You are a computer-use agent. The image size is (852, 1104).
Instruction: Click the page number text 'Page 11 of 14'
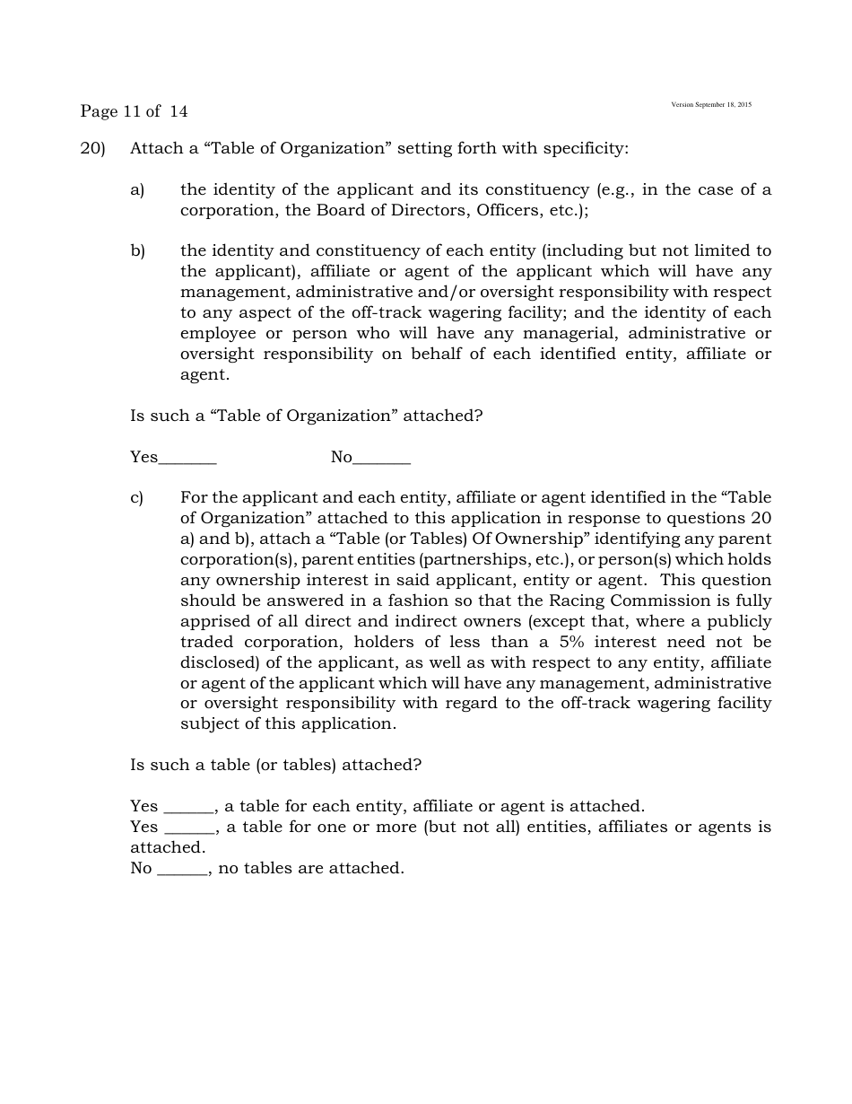point(134,111)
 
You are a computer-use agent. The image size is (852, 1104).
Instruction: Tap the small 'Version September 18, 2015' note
point(711,105)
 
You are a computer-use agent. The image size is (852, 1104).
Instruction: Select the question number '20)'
point(92,148)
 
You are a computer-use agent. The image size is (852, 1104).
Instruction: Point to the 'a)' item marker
point(137,189)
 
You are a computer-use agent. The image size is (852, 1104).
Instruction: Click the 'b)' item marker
point(137,250)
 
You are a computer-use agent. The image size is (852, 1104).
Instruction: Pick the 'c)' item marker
point(137,497)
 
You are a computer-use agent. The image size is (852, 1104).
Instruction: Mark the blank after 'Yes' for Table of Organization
point(187,460)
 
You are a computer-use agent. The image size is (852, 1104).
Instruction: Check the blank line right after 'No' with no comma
point(381,460)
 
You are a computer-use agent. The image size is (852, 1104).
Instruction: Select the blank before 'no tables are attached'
point(182,870)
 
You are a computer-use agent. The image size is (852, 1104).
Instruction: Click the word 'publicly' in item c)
point(739,621)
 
